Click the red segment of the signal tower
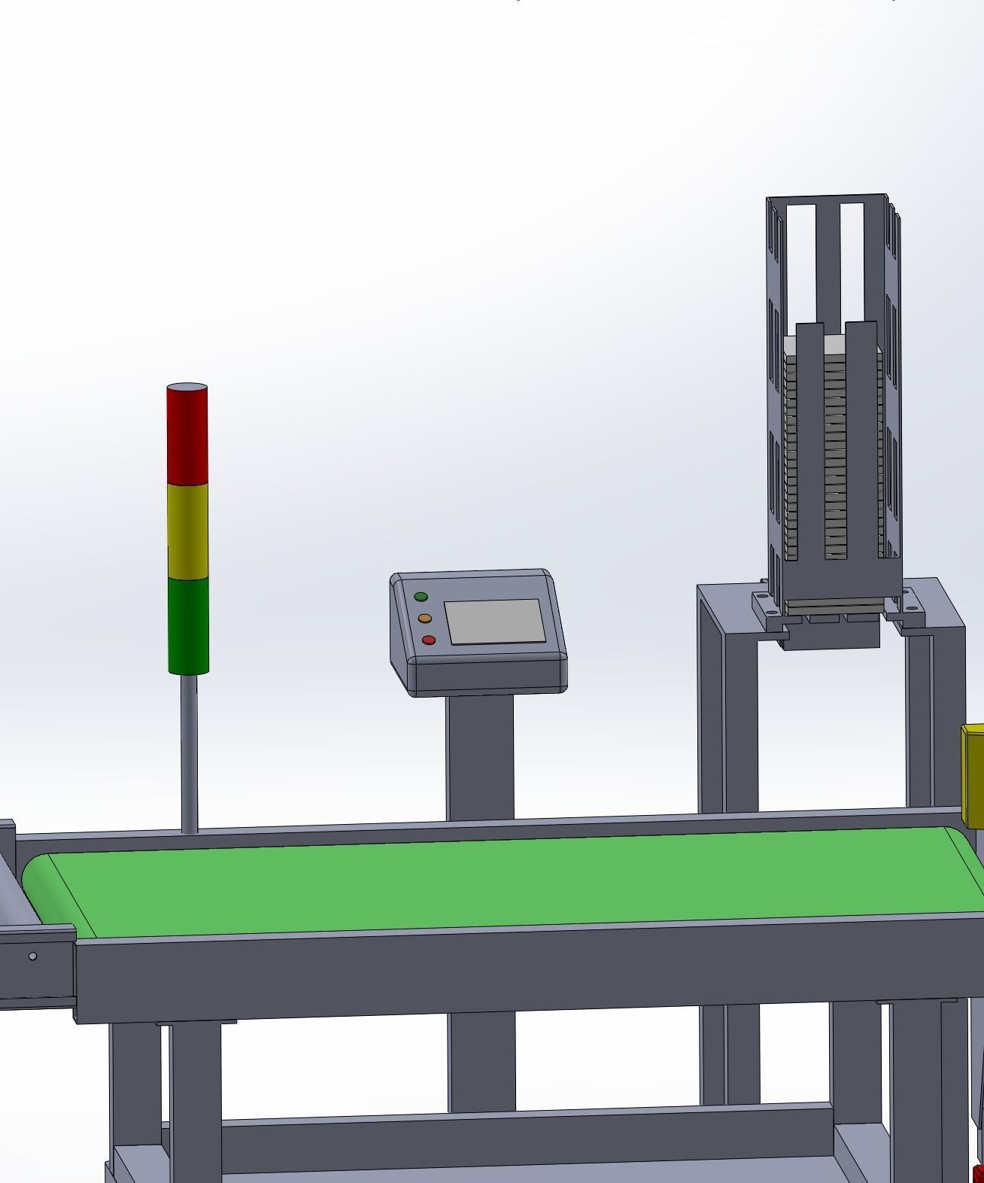(x=187, y=436)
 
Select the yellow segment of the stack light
(x=187, y=531)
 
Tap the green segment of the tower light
(x=187, y=625)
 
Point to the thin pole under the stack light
(x=190, y=753)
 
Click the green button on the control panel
(x=421, y=597)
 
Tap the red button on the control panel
(x=429, y=640)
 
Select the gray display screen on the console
(x=495, y=622)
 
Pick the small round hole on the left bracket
(x=32, y=956)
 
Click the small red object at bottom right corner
(x=978, y=1172)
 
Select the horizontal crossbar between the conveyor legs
(x=527, y=1136)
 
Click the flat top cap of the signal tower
(x=187, y=388)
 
